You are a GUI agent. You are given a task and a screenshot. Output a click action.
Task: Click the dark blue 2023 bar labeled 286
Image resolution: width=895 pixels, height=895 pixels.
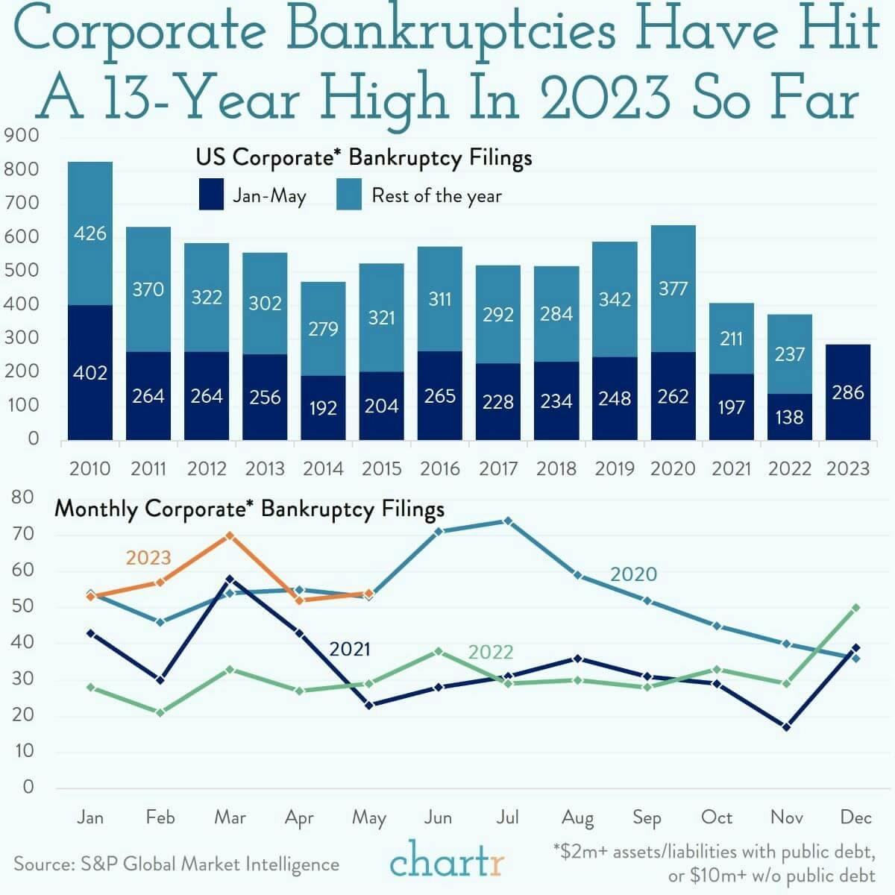click(x=848, y=392)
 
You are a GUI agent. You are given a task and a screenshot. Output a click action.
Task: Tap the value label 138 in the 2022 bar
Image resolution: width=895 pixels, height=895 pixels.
click(x=790, y=417)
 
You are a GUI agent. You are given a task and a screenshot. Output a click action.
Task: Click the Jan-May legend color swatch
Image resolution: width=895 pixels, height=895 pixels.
click(x=211, y=195)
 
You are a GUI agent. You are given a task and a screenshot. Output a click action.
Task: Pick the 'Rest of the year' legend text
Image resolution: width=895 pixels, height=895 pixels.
click(x=436, y=196)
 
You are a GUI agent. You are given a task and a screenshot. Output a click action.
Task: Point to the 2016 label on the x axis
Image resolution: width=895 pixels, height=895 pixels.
click(x=439, y=469)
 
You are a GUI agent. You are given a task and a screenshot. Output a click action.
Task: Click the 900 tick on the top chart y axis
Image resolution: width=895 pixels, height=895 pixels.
click(x=22, y=136)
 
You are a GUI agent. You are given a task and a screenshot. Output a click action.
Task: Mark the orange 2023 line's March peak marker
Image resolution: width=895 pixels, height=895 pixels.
click(x=230, y=536)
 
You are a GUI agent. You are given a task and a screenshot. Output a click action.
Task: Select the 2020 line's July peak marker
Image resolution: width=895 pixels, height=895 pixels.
click(x=508, y=521)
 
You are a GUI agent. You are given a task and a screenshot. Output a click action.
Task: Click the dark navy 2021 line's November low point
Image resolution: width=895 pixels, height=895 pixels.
click(x=787, y=726)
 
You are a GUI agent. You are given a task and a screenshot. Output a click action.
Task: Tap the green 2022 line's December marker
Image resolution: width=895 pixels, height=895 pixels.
click(x=855, y=608)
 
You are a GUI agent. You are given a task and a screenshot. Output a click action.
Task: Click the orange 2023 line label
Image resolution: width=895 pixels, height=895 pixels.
click(x=148, y=558)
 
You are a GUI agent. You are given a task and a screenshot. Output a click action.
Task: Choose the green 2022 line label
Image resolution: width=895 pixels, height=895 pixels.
click(x=490, y=653)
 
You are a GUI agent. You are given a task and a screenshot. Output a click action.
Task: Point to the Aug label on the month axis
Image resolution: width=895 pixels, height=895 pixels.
click(x=577, y=818)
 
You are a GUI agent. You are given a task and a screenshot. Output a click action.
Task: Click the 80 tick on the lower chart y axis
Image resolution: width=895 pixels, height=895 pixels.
click(x=22, y=497)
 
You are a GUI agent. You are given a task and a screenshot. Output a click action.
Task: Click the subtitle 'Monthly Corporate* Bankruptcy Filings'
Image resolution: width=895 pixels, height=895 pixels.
click(x=250, y=509)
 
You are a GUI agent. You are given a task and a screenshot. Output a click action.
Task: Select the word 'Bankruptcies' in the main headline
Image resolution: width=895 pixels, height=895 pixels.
click(x=452, y=31)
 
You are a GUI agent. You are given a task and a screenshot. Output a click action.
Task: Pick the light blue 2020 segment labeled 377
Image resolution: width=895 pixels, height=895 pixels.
click(x=673, y=289)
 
